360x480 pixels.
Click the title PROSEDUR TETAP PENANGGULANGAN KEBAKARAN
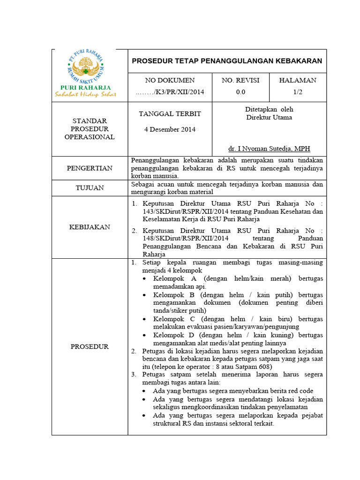point(227,61)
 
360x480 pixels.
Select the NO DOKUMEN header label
point(170,80)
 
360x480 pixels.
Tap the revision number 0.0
point(240,92)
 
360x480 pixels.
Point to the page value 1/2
point(298,92)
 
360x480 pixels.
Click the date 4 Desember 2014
point(170,129)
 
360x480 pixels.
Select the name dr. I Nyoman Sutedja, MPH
point(269,149)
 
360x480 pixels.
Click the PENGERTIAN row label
point(90,168)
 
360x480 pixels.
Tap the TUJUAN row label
point(90,188)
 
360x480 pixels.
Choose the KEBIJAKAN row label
point(90,227)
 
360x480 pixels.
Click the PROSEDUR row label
point(90,346)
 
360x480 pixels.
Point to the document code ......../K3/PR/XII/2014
point(170,92)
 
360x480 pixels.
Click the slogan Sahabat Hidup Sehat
point(85,94)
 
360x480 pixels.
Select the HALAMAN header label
point(298,80)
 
